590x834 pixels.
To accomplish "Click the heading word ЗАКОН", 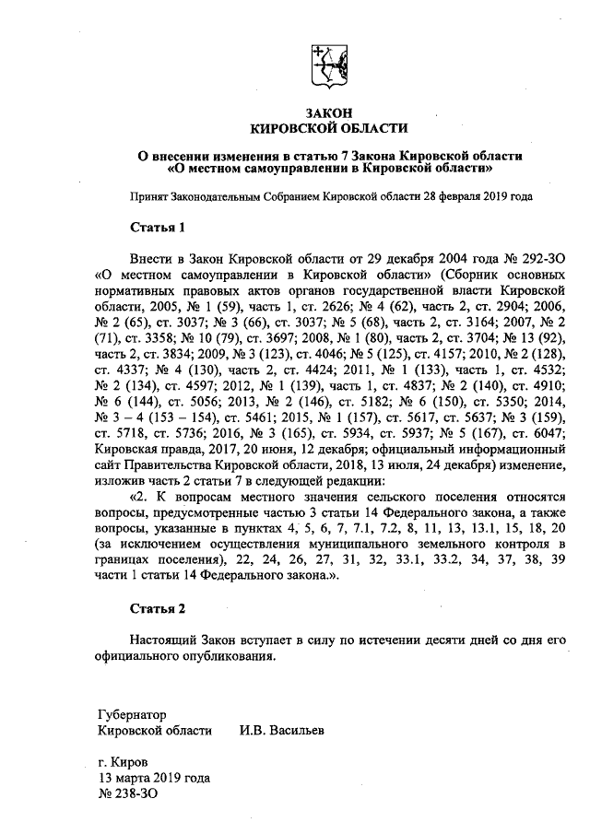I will (x=329, y=112).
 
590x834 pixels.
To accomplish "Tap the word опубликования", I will (x=230, y=657).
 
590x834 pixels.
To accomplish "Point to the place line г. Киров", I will (x=122, y=763).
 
